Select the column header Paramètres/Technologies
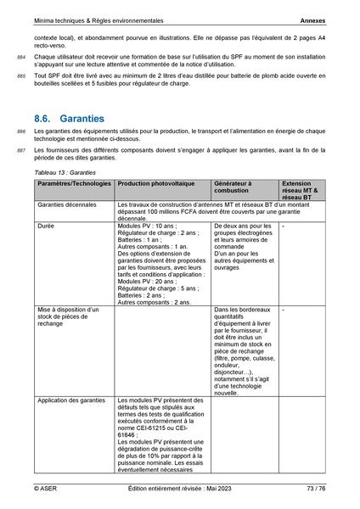pos(74,183)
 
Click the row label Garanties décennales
pos(68,206)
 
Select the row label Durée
pos(47,227)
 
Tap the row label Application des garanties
pos(73,398)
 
